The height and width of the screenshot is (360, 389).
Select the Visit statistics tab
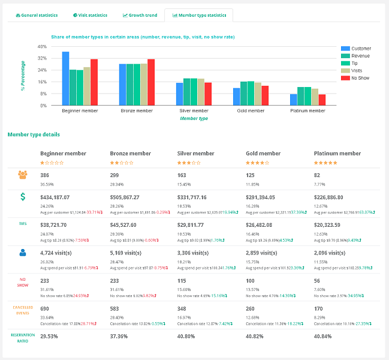pyautogui.click(x=90, y=15)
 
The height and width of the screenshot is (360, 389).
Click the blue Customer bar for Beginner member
pyautogui.click(x=65, y=79)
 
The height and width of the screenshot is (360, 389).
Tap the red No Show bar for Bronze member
pyautogui.click(x=150, y=82)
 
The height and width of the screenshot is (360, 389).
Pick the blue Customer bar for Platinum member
pyautogui.click(x=294, y=100)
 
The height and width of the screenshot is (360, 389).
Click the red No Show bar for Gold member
pyautogui.click(x=265, y=95)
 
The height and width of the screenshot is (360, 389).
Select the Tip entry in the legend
pyautogui.click(x=354, y=63)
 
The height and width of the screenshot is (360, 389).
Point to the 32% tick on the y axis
pyautogui.click(x=42, y=58)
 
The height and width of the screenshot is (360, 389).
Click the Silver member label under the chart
pyautogui.click(x=194, y=111)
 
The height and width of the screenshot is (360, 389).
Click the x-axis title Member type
pyautogui.click(x=194, y=118)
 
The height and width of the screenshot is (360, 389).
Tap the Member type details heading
pyautogui.click(x=34, y=134)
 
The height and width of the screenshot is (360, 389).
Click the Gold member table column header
pyautogui.click(x=264, y=154)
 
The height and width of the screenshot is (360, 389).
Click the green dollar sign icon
pyautogui.click(x=23, y=197)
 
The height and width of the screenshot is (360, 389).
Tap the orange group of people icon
pyautogui.click(x=23, y=175)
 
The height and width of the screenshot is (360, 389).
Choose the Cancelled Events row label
pyautogui.click(x=23, y=309)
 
